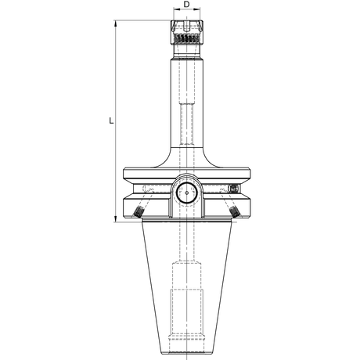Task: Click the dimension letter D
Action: pyautogui.click(x=186, y=5)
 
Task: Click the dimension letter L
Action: pyautogui.click(x=111, y=121)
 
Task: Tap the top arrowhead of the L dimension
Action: pyautogui.click(x=116, y=23)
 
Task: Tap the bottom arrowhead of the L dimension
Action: pyautogui.click(x=116, y=219)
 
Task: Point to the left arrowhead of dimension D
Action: pyautogui.click(x=177, y=9)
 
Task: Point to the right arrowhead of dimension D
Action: pyautogui.click(x=197, y=9)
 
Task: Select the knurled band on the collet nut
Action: pyautogui.click(x=187, y=38)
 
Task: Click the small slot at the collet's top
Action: pyautogui.click(x=186, y=26)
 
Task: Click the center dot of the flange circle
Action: pyautogui.click(x=187, y=193)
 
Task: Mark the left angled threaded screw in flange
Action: pyautogui.click(x=139, y=211)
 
